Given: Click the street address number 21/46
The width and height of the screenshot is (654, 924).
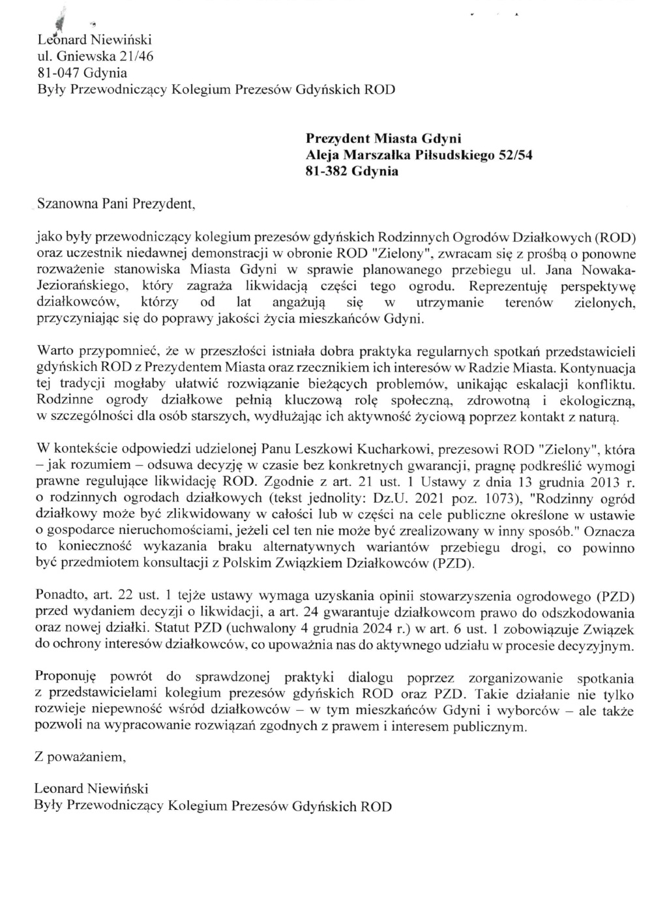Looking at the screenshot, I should click(x=133, y=57).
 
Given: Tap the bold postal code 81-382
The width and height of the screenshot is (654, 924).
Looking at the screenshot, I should click(x=328, y=172).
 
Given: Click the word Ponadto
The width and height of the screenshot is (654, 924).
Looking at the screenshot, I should click(x=57, y=595).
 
